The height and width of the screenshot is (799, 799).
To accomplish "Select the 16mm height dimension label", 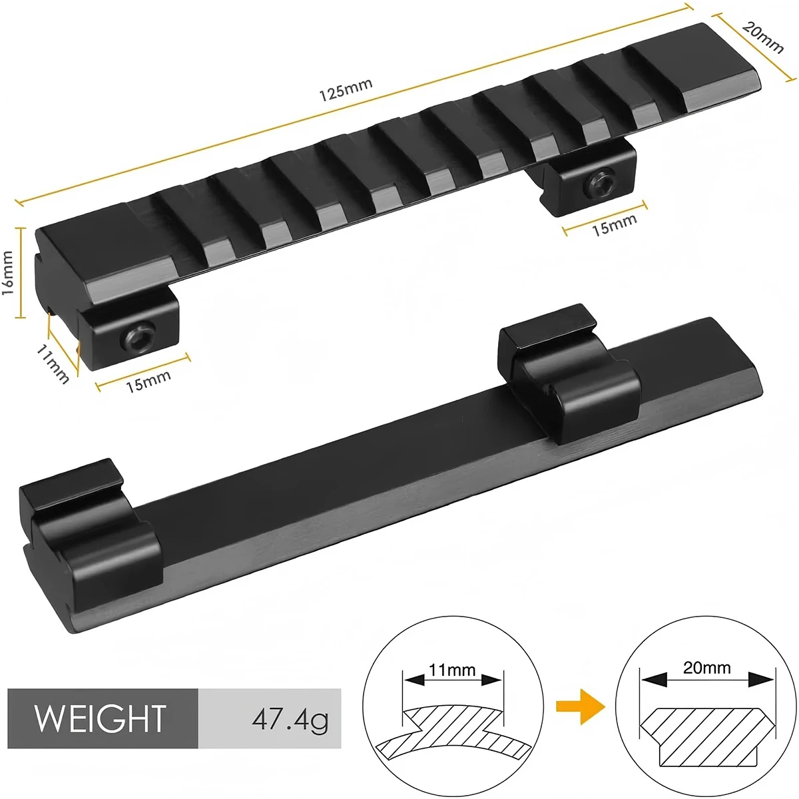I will pos(8,272).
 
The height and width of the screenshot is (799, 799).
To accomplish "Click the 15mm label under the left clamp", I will pos(148,381).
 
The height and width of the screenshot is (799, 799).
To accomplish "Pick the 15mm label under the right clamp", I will pos(614,224).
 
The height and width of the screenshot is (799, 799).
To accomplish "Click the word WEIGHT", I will pos(100,718).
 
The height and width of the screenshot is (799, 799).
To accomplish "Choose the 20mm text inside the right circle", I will pos(706,667).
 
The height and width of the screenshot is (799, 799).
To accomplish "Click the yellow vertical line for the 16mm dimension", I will pos(23,272).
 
